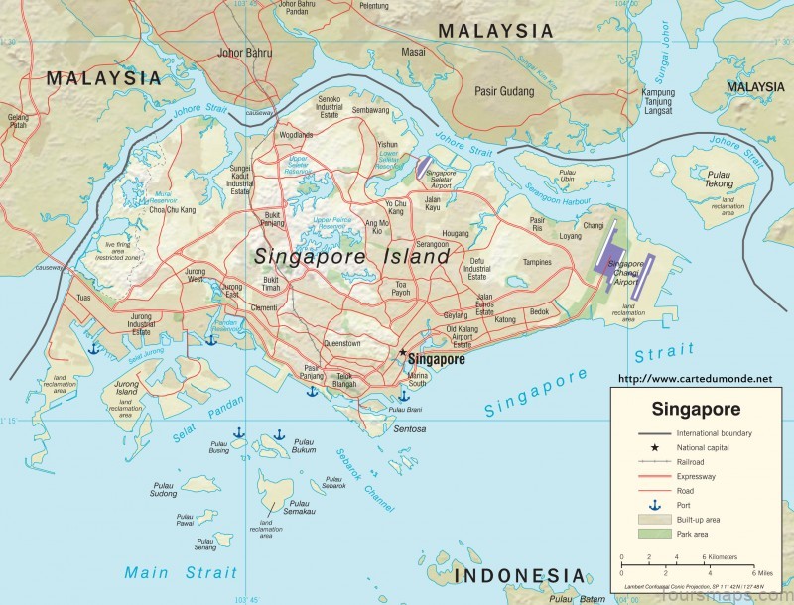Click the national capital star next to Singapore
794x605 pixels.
[x=402, y=354]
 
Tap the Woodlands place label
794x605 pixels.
[x=296, y=134]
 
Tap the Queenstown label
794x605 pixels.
[x=342, y=343]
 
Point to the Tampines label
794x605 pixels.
[x=537, y=263]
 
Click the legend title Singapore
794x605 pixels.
[x=694, y=409]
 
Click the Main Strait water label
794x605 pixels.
[x=181, y=572]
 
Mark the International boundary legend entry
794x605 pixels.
[x=714, y=433]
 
